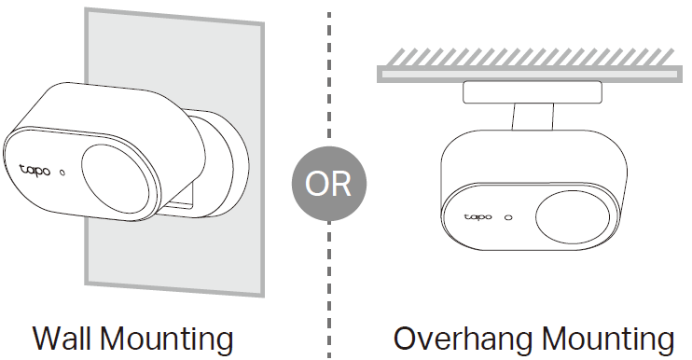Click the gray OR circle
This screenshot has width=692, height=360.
[329, 184]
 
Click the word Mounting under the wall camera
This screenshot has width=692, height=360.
[167, 340]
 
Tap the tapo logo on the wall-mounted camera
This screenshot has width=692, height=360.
[35, 171]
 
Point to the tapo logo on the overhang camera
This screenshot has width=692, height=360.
[477, 217]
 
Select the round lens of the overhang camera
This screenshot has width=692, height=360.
[573, 217]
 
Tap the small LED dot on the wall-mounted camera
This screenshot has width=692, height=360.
[62, 173]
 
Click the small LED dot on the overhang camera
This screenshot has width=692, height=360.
[508, 217]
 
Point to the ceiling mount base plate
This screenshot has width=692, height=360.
[533, 92]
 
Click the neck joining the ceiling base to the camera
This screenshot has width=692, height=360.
[533, 117]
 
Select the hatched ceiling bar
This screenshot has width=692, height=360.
[530, 74]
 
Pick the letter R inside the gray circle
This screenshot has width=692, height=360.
[342, 184]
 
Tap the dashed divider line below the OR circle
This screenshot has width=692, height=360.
[329, 289]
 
